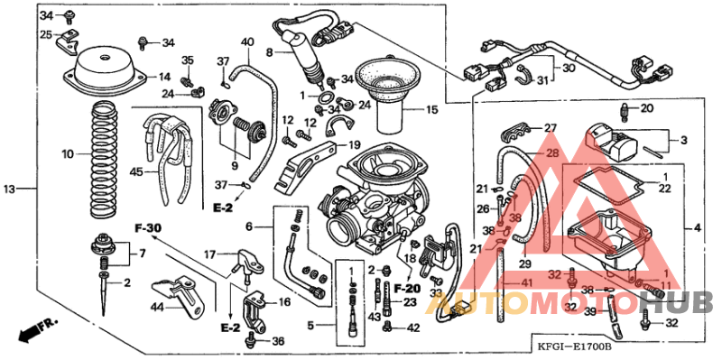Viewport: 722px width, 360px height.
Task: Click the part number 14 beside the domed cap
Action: pyautogui.click(x=164, y=77)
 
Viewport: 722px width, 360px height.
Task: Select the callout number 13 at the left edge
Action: pyautogui.click(x=10, y=189)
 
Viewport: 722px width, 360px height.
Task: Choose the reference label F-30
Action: pyautogui.click(x=148, y=227)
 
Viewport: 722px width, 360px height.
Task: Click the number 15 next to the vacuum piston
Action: pyautogui.click(x=430, y=110)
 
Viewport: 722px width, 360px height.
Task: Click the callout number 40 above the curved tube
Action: pyautogui.click(x=247, y=42)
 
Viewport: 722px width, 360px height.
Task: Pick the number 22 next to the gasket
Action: pyautogui.click(x=665, y=189)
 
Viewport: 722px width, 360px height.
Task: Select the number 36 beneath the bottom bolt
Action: pyautogui.click(x=278, y=340)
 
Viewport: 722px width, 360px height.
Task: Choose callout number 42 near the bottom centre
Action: pyautogui.click(x=413, y=328)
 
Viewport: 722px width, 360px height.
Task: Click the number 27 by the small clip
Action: pyautogui.click(x=550, y=128)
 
